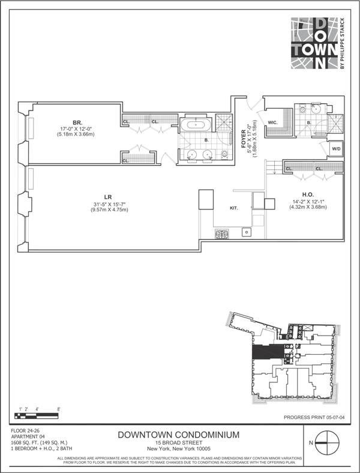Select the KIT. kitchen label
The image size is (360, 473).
tap(235, 208)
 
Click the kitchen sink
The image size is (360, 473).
tap(246, 232)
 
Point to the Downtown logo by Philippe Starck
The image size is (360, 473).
tap(316, 45)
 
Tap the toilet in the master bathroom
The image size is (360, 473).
tap(224, 154)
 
